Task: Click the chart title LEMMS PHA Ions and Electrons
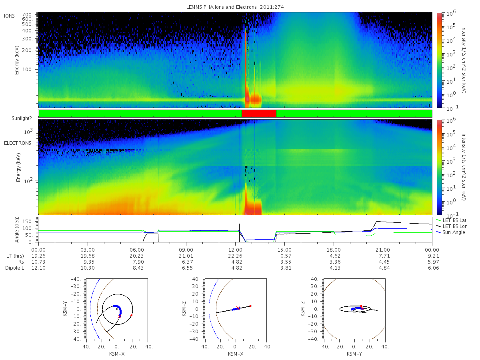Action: tap(221, 7)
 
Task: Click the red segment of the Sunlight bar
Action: tap(259, 114)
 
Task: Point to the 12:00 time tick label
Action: tap(235, 250)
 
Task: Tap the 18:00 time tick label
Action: tap(334, 250)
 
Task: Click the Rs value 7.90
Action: tap(138, 262)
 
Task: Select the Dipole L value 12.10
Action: tap(38, 268)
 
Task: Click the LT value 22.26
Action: tap(237, 256)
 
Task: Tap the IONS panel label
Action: tap(9, 16)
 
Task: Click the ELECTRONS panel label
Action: tap(18, 143)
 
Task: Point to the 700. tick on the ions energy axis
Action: tap(27, 15)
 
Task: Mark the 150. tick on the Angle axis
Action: tap(28, 222)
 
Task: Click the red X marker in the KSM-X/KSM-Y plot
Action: tap(119, 316)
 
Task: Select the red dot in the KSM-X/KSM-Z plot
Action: tap(250, 306)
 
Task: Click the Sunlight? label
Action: tap(22, 118)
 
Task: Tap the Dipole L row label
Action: tap(15, 268)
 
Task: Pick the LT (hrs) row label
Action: tap(15, 256)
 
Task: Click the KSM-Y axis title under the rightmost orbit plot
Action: tap(354, 354)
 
